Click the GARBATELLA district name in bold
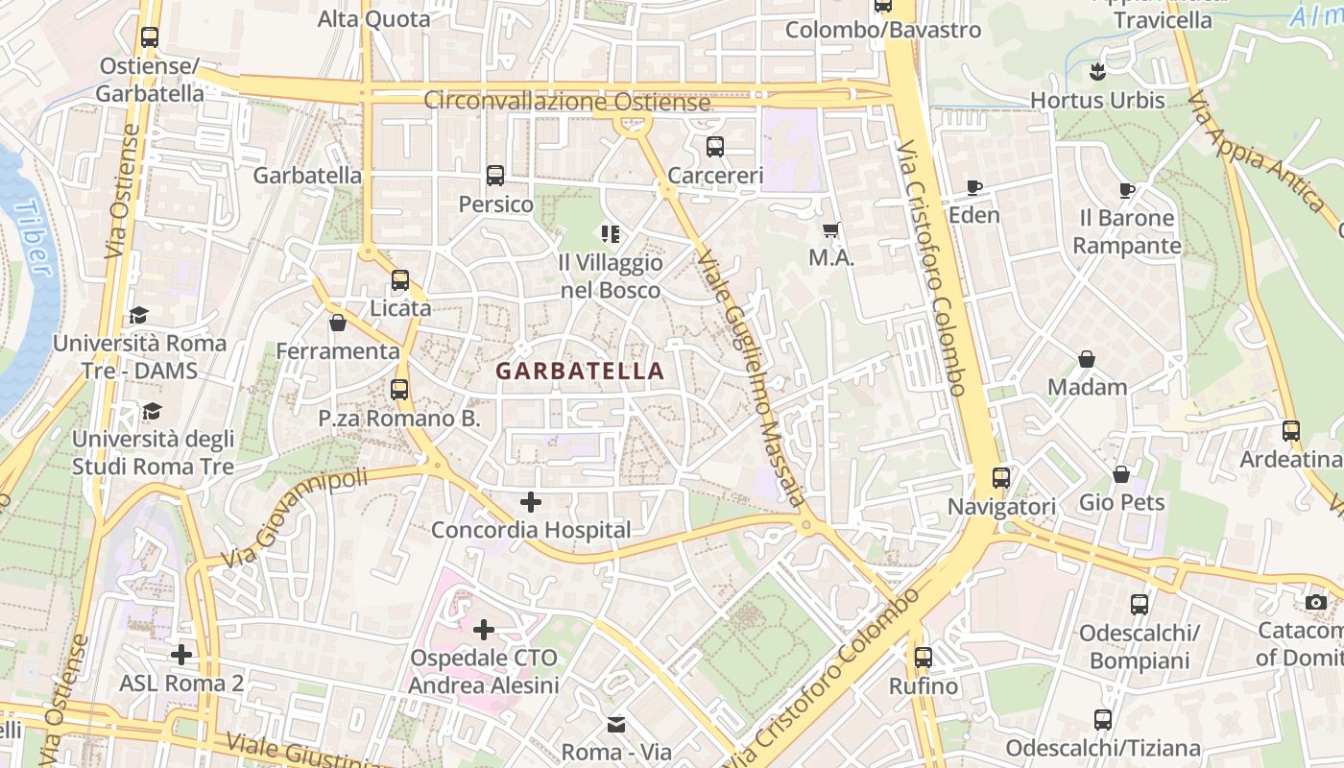[580, 371]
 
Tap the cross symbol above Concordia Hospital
[530, 501]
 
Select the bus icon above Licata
[400, 280]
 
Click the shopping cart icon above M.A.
[831, 229]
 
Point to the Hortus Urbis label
[1097, 100]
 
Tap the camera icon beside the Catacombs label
[1315, 602]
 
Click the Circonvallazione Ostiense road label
[567, 101]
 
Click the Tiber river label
[36, 237]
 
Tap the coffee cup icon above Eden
[974, 187]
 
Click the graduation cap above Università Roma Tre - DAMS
[139, 315]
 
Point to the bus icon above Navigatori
[1001, 477]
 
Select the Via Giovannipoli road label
[294, 517]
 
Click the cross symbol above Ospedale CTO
[484, 630]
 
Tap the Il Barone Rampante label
[1126, 231]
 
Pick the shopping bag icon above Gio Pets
[1121, 474]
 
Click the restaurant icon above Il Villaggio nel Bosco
[610, 233]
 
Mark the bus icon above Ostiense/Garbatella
[149, 37]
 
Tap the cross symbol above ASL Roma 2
[181, 655]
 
